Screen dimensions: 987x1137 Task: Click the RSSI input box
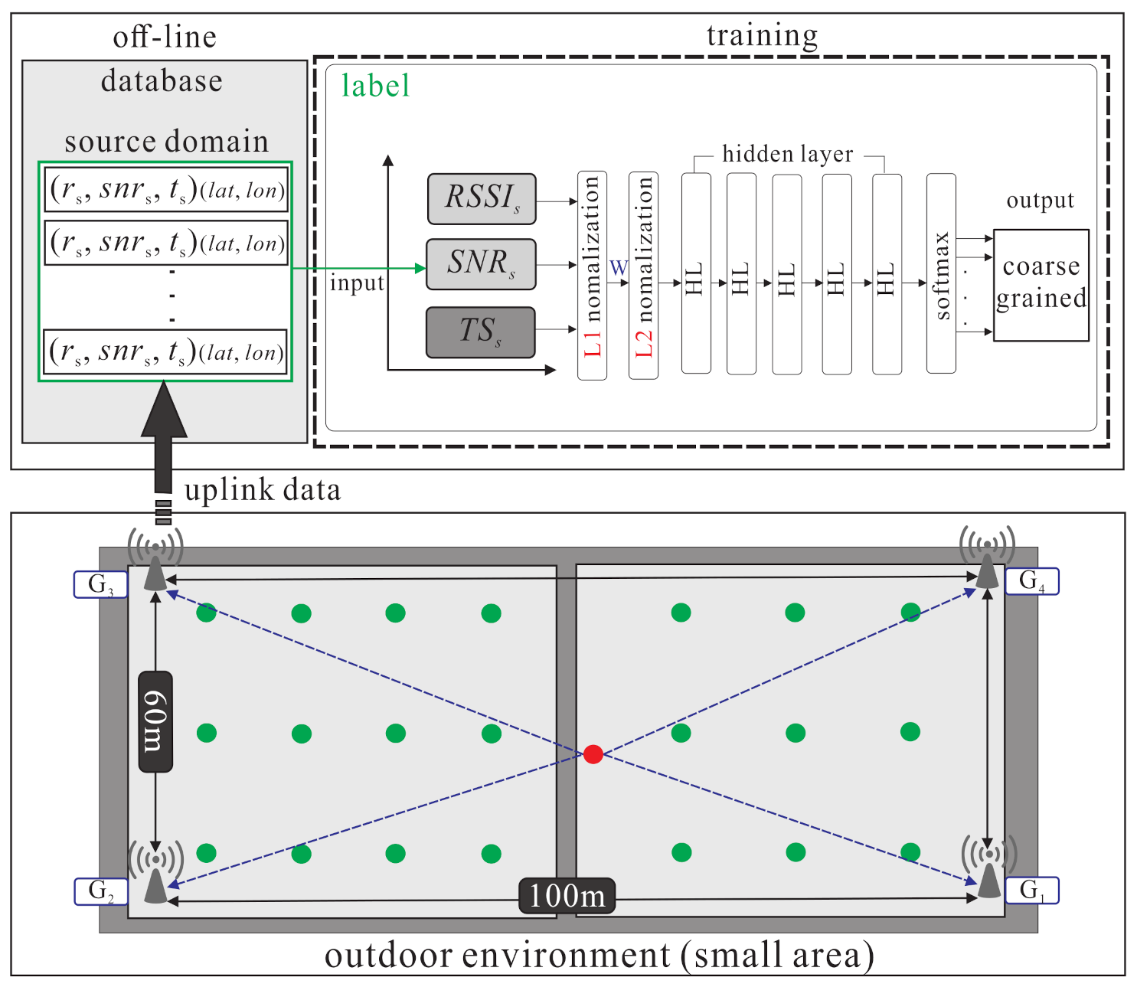click(481, 199)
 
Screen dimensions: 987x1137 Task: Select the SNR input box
click(481, 264)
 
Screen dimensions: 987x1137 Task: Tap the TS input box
click(480, 332)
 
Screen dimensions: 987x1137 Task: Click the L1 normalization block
click(592, 276)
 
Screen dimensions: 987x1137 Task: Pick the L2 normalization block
click(643, 276)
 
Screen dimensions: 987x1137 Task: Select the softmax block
click(941, 273)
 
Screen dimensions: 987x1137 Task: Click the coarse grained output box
click(1041, 285)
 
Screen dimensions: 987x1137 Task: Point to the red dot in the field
click(593, 754)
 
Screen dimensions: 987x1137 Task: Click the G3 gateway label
click(100, 585)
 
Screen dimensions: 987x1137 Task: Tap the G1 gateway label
click(1031, 891)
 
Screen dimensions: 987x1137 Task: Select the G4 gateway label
click(1031, 581)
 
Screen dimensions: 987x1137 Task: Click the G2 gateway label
click(100, 891)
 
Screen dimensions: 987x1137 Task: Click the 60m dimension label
click(155, 721)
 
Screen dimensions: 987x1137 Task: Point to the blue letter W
click(618, 268)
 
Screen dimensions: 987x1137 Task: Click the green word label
click(375, 86)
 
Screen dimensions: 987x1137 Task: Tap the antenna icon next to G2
click(156, 873)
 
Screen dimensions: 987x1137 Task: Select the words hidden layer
click(787, 154)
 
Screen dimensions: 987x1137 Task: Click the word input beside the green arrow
click(357, 283)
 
